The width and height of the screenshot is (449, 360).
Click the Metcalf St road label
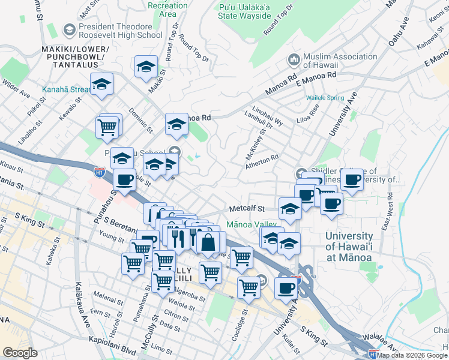click(246, 209)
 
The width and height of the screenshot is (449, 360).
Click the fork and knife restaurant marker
click(178, 238)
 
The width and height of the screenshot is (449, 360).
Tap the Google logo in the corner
click(20, 353)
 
